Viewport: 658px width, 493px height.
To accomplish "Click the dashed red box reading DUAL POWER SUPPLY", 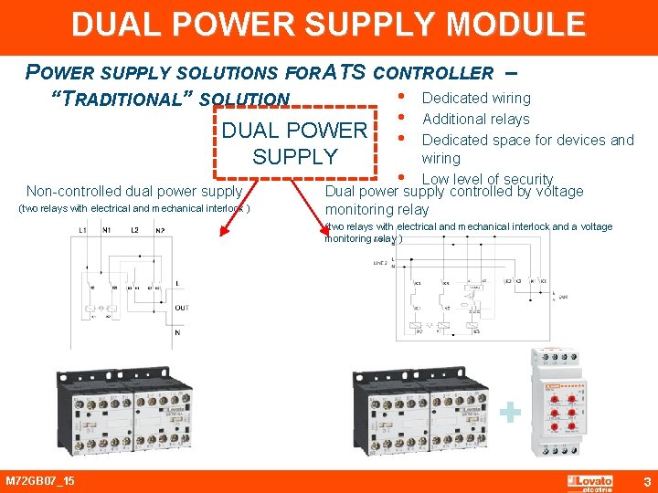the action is click(x=294, y=143).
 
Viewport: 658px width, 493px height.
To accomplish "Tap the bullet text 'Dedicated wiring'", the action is click(x=476, y=98).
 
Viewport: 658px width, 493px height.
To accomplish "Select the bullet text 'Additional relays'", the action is click(x=475, y=119).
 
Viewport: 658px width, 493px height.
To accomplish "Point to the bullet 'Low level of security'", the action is click(x=487, y=179).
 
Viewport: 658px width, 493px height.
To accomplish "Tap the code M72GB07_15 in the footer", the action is click(x=40, y=481).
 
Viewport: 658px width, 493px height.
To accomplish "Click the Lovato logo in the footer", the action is click(x=590, y=481).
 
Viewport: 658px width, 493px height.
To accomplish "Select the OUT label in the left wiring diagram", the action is click(x=182, y=308).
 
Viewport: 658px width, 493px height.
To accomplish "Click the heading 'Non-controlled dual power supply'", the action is click(x=134, y=192).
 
